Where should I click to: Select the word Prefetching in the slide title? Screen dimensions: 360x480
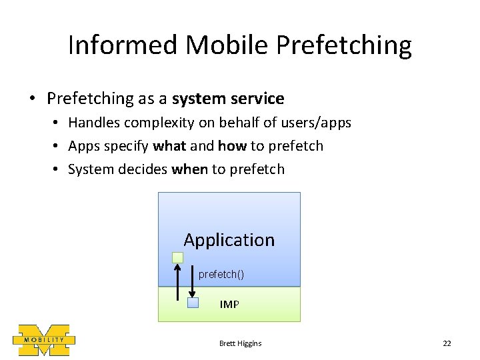click(345, 45)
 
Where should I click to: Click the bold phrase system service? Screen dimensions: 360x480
click(228, 99)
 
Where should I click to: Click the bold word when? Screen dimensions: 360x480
click(189, 169)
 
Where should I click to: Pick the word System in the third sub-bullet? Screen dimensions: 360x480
click(91, 169)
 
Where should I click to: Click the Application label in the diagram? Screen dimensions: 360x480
click(229, 240)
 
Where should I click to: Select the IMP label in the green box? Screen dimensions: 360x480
click(229, 305)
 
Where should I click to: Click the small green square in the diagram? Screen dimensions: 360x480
click(177, 257)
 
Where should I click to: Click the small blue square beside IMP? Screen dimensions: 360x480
click(193, 303)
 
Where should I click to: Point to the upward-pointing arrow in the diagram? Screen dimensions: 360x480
click(177, 283)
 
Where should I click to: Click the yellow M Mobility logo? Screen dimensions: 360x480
click(43, 339)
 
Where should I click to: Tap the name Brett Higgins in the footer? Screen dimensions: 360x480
click(240, 343)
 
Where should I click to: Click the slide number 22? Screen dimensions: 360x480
click(447, 343)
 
